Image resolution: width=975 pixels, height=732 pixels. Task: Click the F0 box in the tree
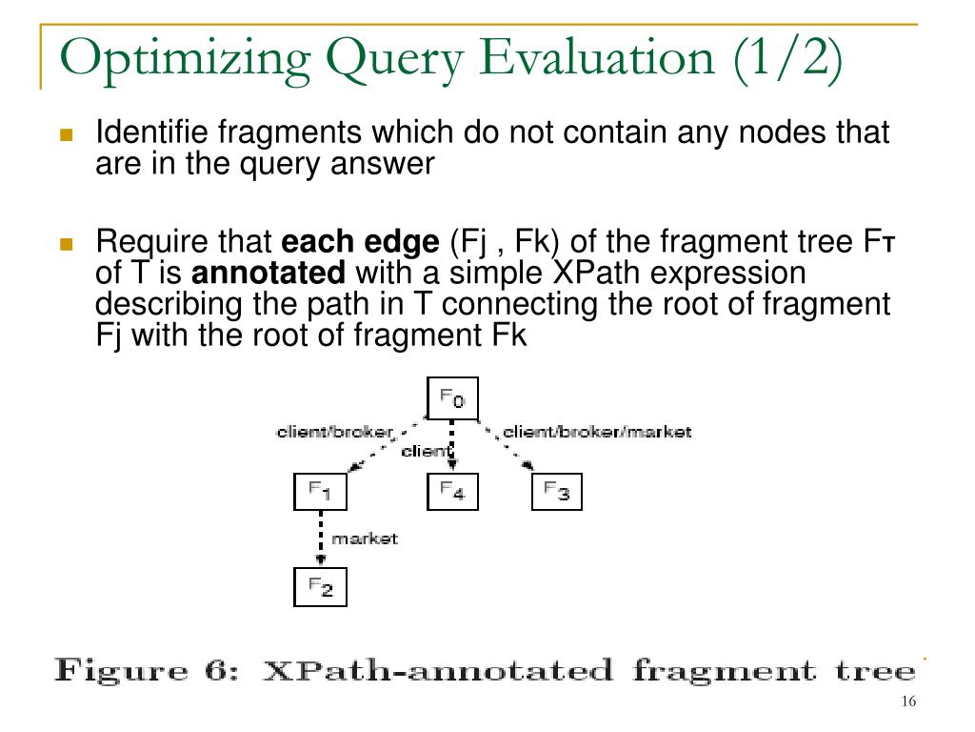(451, 398)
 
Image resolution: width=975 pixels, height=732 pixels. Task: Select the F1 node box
(319, 492)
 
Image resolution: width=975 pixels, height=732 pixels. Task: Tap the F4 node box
(451, 492)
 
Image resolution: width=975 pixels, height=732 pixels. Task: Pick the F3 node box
(556, 492)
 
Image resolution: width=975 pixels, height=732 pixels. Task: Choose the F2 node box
(319, 587)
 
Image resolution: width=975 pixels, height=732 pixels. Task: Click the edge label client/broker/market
(596, 432)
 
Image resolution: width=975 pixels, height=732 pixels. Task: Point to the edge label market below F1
(364, 539)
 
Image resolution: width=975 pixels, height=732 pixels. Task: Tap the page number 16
(906, 702)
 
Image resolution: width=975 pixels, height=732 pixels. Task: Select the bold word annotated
(269, 274)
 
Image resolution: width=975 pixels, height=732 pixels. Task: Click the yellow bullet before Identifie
(66, 134)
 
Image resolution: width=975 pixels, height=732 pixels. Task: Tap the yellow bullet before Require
(66, 243)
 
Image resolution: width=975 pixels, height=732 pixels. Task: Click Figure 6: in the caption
(151, 670)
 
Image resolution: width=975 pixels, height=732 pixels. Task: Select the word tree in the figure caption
(874, 670)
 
